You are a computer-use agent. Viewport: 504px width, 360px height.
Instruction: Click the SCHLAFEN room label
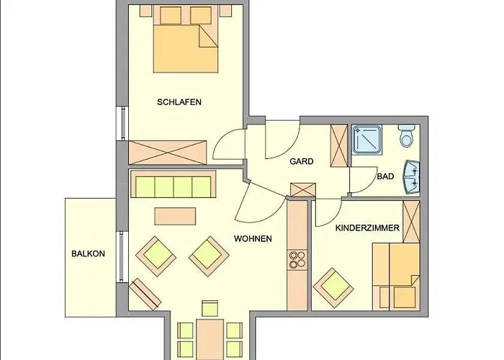(179, 102)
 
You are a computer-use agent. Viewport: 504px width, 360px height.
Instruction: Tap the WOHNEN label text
(253, 239)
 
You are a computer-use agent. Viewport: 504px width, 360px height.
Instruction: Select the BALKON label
(88, 253)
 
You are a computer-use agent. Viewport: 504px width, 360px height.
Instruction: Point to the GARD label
(302, 161)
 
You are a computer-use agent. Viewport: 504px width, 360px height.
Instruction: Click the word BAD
(385, 176)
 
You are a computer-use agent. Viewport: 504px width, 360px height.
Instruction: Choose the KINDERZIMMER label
(367, 228)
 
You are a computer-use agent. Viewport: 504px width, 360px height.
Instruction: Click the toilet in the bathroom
(407, 135)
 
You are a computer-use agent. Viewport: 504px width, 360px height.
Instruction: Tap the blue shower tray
(366, 139)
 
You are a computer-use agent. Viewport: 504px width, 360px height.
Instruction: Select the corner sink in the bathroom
(412, 177)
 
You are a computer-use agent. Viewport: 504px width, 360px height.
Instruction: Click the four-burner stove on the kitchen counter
(297, 260)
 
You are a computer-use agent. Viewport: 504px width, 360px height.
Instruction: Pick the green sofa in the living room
(174, 184)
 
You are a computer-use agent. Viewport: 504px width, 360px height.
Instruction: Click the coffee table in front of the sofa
(175, 216)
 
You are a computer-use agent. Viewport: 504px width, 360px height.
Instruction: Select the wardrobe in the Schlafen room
(167, 153)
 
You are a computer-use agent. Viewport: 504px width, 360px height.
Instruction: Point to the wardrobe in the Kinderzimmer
(411, 222)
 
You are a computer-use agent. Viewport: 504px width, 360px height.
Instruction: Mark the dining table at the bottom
(210, 339)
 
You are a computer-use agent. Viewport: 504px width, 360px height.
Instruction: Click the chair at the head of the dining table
(210, 309)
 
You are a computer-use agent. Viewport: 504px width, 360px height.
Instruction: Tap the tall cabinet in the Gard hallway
(339, 145)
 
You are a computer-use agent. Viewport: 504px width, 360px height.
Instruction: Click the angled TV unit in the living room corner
(145, 294)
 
